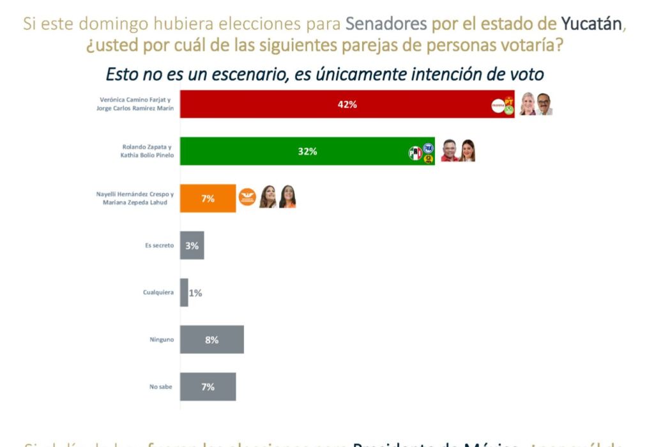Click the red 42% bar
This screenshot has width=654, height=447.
click(x=332, y=104)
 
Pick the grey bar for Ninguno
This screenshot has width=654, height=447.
click(x=211, y=340)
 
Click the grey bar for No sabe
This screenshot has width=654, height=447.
click(x=208, y=387)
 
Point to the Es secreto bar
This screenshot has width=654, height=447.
click(x=192, y=245)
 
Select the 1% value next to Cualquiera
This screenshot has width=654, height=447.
click(x=195, y=293)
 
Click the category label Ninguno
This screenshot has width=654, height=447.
click(x=162, y=340)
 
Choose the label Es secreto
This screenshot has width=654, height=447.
click(x=160, y=245)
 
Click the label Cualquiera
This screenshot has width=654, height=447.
click(x=158, y=293)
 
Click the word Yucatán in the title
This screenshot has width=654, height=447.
click(x=591, y=24)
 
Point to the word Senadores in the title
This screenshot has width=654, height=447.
click(x=386, y=24)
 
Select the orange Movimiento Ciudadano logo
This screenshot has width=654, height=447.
click(x=247, y=198)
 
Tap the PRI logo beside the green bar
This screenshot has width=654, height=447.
click(x=415, y=153)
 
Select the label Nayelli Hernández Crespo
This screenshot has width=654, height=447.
click(x=137, y=193)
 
